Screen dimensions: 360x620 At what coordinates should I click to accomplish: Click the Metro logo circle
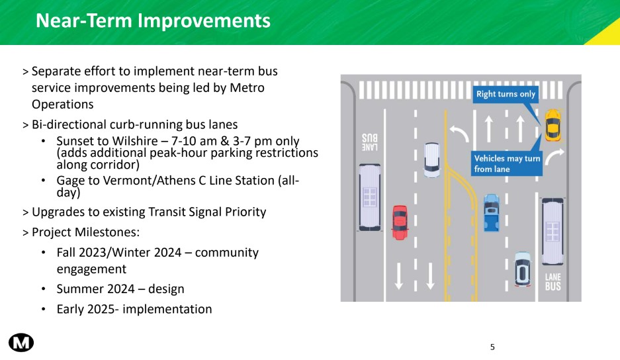[21, 341]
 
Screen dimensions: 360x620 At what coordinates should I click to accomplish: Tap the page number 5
[492, 347]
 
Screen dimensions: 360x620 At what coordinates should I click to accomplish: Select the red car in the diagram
[400, 222]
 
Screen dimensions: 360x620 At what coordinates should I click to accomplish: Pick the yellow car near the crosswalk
[553, 125]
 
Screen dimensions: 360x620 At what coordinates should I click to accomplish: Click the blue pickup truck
[491, 212]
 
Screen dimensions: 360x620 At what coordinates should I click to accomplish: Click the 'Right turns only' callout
[506, 95]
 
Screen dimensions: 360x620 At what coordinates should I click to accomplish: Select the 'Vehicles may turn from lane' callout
[507, 163]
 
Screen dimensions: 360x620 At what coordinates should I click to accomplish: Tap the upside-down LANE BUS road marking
[369, 142]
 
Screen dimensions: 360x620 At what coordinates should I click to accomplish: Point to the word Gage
[70, 181]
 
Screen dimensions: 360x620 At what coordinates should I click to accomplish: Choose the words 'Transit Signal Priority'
[204, 212]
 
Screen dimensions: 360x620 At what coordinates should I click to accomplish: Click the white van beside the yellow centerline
[432, 159]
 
